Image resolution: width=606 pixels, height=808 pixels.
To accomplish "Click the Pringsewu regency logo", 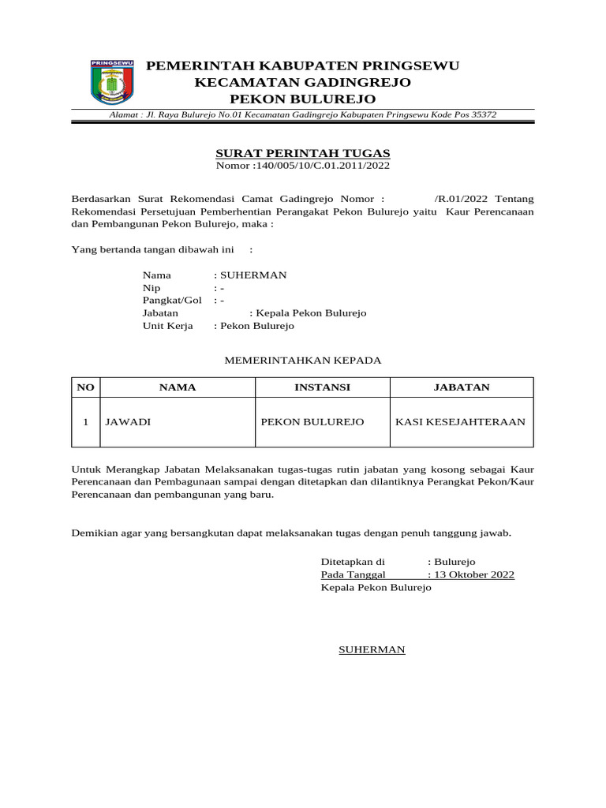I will point(113,82).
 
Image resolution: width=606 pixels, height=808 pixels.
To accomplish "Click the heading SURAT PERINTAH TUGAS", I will point(303,153).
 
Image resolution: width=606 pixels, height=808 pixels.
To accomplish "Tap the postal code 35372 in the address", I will point(484,115).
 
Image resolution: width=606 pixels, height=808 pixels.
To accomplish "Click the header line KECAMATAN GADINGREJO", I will point(303,82).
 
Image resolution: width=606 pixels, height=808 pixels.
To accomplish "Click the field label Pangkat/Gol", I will point(172,301).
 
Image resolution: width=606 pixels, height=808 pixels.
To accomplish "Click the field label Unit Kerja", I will point(167,326).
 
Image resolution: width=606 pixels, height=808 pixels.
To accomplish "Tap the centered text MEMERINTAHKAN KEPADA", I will point(303,361).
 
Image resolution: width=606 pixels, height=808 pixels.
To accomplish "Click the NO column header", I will point(85,387).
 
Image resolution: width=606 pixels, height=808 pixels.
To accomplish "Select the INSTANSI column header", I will point(322,387).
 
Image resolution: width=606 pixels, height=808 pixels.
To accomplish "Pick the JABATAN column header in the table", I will point(462,387).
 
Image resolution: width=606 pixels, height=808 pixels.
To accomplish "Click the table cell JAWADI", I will point(128,422).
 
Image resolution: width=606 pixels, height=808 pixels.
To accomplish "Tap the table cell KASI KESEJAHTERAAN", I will point(460,422).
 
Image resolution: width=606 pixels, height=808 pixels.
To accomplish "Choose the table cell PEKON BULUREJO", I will point(312,422).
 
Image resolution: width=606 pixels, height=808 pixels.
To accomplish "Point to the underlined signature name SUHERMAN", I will point(372,649).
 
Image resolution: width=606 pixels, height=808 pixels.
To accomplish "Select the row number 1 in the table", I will point(85,422).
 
